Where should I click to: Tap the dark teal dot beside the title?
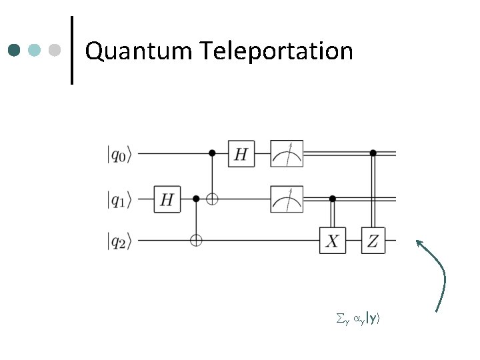pyautogui.click(x=15, y=51)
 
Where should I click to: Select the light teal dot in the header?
pyautogui.click(x=35, y=51)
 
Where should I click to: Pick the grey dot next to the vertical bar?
pyautogui.click(x=56, y=51)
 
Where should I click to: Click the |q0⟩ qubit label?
pyautogui.click(x=120, y=155)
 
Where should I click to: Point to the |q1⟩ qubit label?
pyautogui.click(x=120, y=199)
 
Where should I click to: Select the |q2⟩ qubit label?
pyautogui.click(x=120, y=241)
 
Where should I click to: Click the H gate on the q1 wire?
pyautogui.click(x=167, y=199)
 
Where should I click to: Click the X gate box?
pyautogui.click(x=332, y=241)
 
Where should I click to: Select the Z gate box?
pyautogui.click(x=373, y=241)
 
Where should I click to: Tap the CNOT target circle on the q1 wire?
pyautogui.click(x=213, y=199)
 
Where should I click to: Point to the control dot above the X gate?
pyautogui.click(x=332, y=199)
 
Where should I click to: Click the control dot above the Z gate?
pyautogui.click(x=373, y=153)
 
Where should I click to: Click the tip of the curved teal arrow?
pyautogui.click(x=418, y=241)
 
